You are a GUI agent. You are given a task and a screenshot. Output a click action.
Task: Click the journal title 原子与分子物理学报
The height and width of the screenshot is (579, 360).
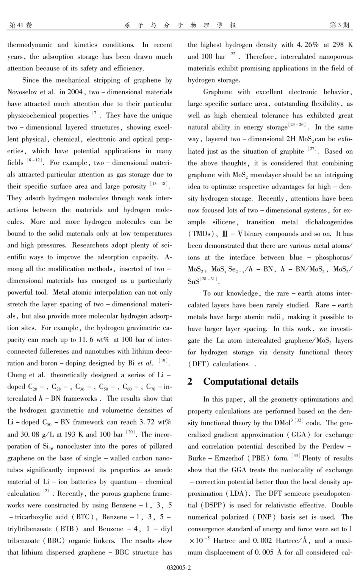tap(180, 25)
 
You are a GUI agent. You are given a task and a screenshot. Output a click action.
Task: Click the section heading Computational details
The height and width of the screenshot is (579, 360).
tap(250, 381)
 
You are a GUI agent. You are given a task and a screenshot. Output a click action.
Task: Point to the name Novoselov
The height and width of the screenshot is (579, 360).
tap(23, 92)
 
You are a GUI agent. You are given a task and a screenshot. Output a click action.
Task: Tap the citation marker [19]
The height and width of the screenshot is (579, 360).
tap(163, 361)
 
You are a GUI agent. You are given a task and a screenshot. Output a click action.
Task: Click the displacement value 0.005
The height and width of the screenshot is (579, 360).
tap(263, 552)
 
